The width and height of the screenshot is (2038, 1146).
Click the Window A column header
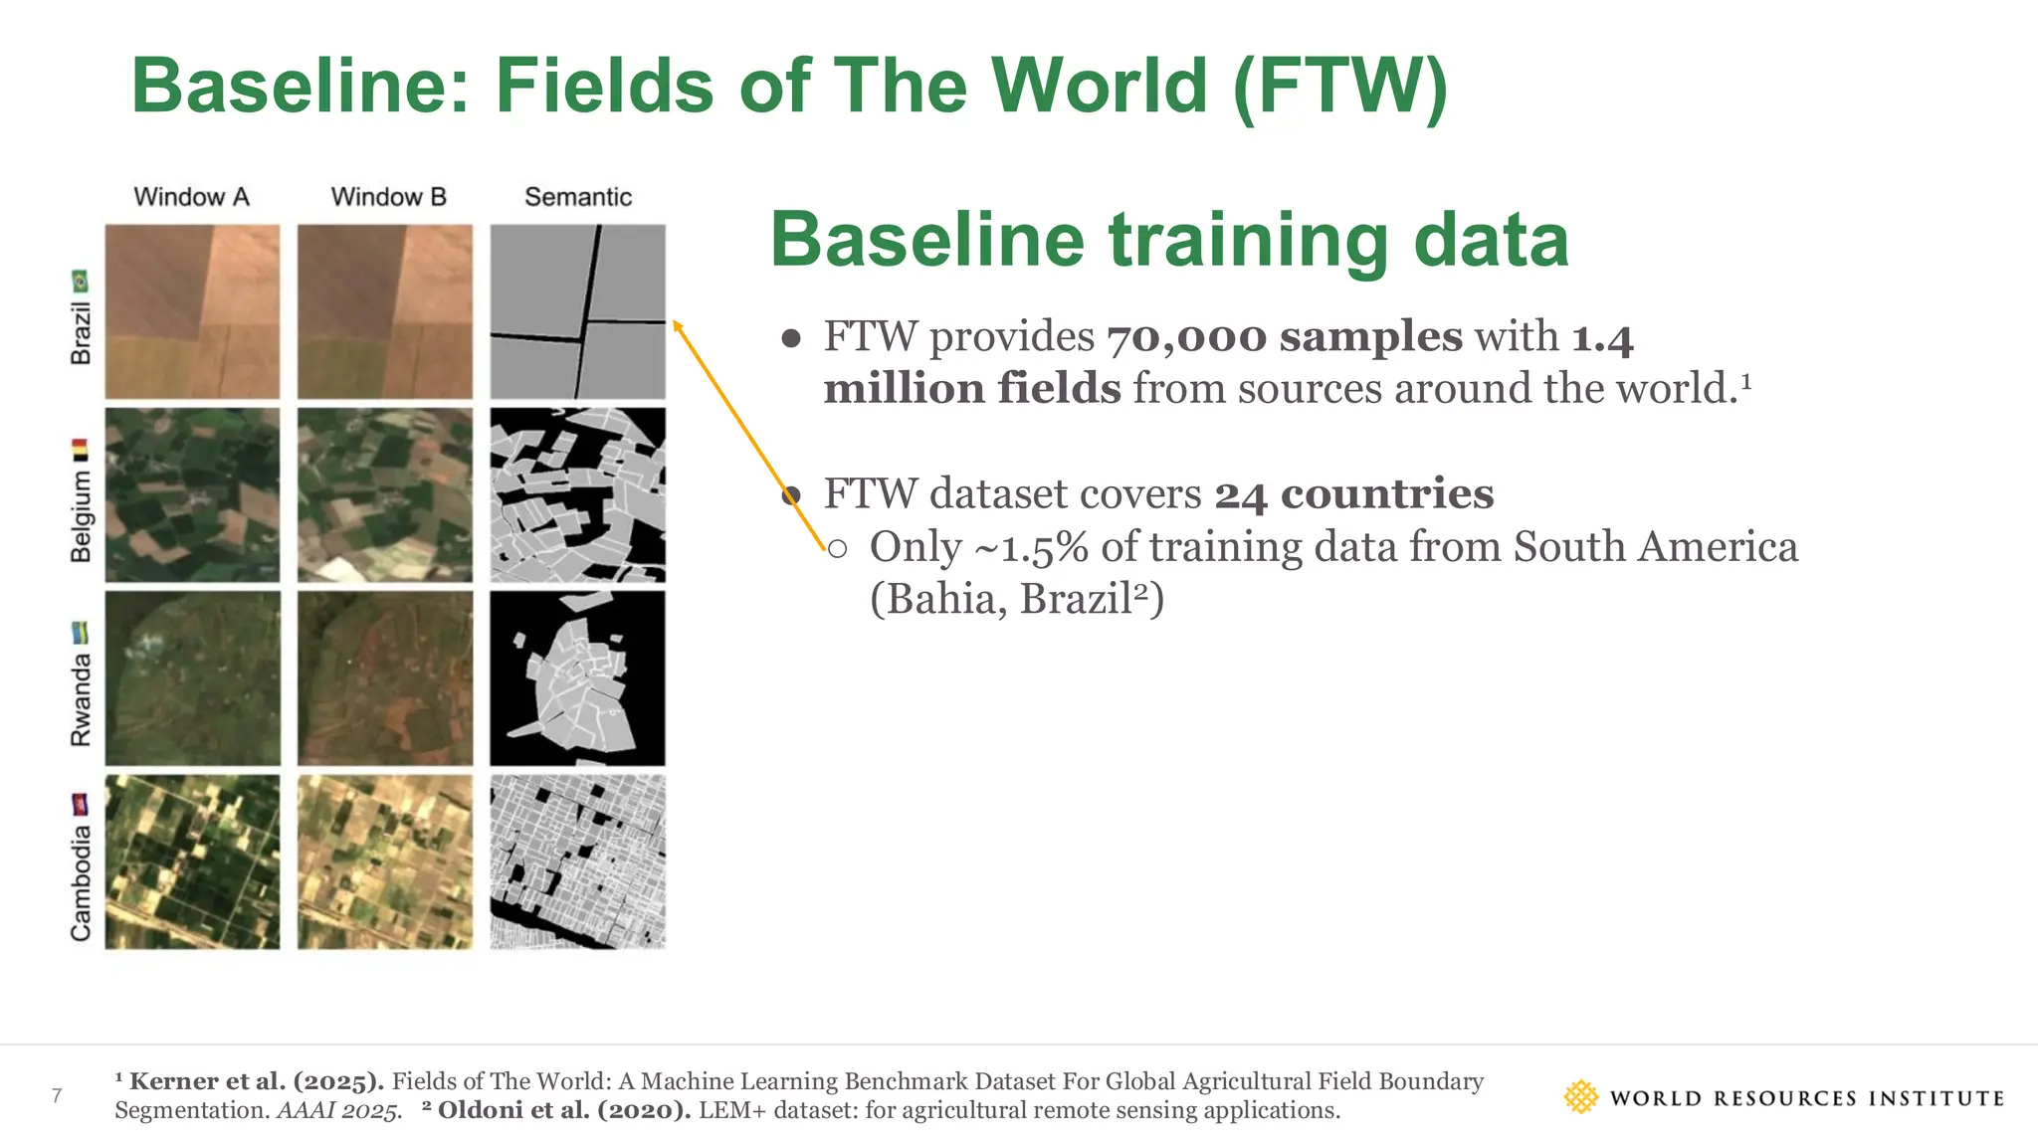[x=191, y=197]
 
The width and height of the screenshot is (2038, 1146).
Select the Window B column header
[x=388, y=197]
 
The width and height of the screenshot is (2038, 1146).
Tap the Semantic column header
[x=578, y=197]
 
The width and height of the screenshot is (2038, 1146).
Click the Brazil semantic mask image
[x=578, y=311]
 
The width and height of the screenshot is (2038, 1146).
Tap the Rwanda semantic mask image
[x=578, y=678]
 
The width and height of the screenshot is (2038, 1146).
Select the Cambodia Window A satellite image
[x=192, y=862]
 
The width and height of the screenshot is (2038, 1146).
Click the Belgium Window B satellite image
[x=385, y=494]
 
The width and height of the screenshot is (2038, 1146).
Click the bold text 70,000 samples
[x=1285, y=337]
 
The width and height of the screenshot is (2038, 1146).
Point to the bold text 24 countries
[x=1354, y=494]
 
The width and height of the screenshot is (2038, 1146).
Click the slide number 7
[x=57, y=1096]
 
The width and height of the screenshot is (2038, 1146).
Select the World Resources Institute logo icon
[x=1580, y=1097]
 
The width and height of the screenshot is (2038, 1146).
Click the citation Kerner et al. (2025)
[x=255, y=1081]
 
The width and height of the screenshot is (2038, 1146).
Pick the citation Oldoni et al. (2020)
[x=563, y=1110]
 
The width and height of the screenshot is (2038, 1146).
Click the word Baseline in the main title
[x=299, y=86]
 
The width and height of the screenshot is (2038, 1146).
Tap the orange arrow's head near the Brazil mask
[x=677, y=324]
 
